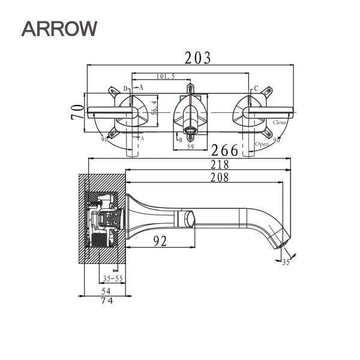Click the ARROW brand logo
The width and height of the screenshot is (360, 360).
[59, 27]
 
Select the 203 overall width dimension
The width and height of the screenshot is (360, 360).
[197, 58]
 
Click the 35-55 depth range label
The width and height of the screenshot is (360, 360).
[113, 279]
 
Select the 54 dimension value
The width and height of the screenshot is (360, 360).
[106, 290]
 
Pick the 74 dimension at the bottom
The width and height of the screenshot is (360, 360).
[106, 301]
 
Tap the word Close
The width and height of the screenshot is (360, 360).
[280, 122]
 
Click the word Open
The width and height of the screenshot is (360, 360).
[262, 144]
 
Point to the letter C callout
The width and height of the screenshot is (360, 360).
[256, 88]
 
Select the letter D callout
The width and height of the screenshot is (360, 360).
[125, 89]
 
